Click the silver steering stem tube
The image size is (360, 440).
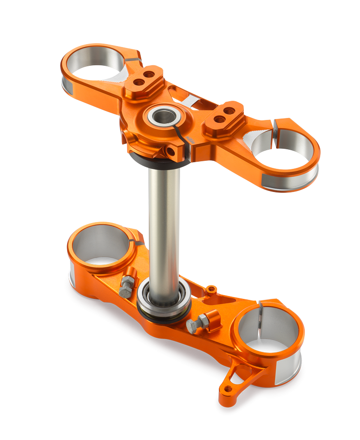[164, 226]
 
